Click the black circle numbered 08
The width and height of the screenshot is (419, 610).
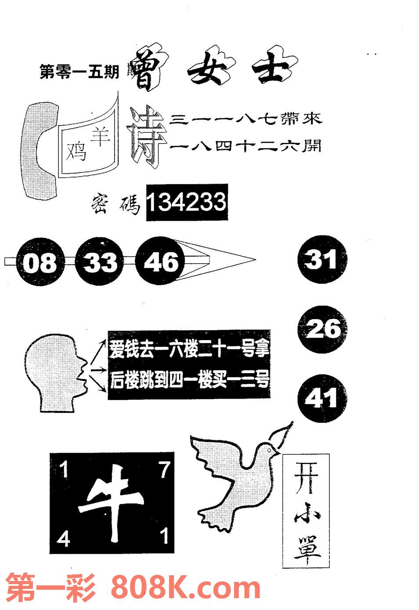(x=40, y=262)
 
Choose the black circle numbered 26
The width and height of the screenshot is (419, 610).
(x=324, y=329)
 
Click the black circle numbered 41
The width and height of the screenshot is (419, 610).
(x=321, y=398)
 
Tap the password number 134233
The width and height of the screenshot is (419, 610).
(x=186, y=203)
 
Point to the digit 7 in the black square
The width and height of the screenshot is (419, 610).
(x=164, y=471)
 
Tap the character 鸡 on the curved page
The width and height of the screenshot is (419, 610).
(x=76, y=152)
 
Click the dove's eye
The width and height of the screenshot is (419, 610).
(x=268, y=447)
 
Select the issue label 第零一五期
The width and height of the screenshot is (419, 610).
(x=79, y=72)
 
